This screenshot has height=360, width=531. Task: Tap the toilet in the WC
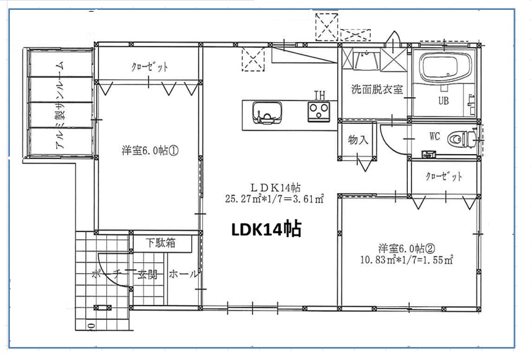point(462,139)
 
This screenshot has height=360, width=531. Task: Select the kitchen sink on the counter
point(267,113)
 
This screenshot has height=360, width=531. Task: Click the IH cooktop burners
point(319,111)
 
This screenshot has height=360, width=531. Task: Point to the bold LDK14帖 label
point(266,229)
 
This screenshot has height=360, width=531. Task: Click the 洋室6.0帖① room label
point(150,150)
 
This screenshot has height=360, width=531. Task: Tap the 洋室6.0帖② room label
point(407,248)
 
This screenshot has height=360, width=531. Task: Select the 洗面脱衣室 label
point(377,89)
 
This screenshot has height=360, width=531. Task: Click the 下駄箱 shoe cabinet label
point(160,242)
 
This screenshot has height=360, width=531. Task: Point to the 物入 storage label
point(358,139)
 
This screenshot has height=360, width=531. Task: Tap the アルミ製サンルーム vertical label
point(60,105)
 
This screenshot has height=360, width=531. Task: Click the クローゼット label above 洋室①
point(149,67)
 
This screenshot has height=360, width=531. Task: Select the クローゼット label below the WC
point(444,176)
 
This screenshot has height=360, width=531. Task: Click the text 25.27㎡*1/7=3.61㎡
point(275,199)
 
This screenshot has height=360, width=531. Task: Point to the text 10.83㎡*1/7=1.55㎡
point(407,260)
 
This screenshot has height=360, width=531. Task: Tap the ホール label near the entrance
point(183,273)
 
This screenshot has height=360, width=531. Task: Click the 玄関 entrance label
point(147,274)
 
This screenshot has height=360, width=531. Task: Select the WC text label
point(435,136)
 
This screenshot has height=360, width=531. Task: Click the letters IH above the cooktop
point(319,95)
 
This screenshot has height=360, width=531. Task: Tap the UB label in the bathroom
point(444,100)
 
